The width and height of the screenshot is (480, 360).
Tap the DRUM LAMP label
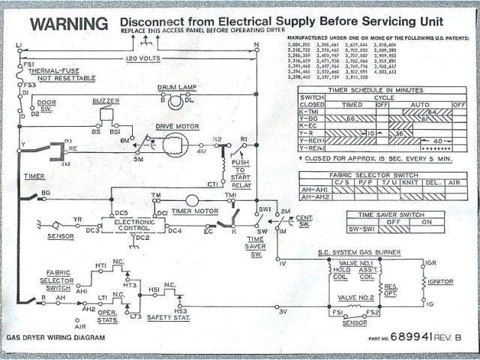(177, 88)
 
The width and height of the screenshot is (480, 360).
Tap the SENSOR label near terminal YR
(61, 236)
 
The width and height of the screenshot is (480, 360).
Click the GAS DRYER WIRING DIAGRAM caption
(55, 338)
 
